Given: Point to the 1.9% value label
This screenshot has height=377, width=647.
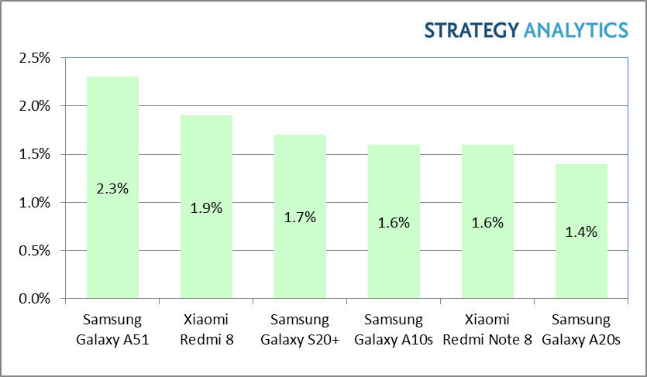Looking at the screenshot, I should (206, 207).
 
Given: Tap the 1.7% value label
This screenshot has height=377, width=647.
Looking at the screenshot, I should (300, 217).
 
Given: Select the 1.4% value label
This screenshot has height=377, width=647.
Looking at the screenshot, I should (581, 231).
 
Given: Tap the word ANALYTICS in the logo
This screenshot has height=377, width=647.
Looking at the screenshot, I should (576, 30).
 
